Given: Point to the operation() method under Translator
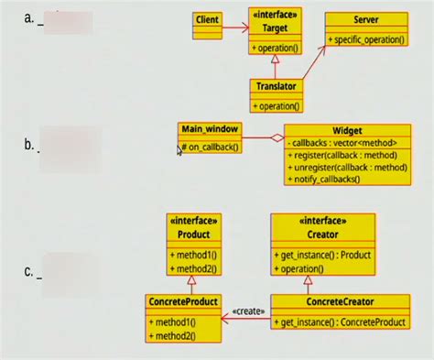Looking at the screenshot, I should pos(277,105).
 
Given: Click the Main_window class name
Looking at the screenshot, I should pos(209,130).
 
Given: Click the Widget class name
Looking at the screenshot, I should pos(347,131).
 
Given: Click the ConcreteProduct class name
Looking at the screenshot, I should pos(183,302).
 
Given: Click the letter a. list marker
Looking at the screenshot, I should pos(30,16).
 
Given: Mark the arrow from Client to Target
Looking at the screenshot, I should pos(235,27).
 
